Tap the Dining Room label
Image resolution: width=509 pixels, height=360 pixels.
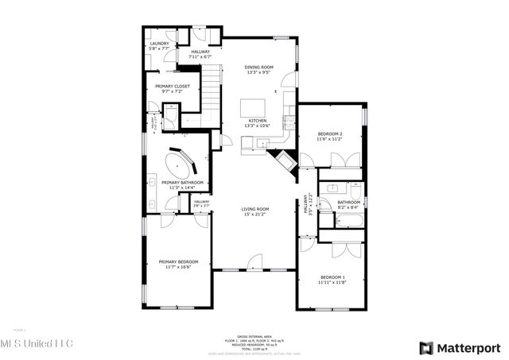tap(258, 68)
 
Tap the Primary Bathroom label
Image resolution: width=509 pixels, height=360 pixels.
tap(183, 183)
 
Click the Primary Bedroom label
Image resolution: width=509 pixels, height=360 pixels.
tap(178, 261)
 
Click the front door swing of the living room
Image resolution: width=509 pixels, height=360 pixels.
tap(254, 261)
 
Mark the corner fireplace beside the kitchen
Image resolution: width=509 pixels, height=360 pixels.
tap(282, 161)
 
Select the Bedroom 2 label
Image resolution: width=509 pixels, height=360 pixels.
tap(330, 134)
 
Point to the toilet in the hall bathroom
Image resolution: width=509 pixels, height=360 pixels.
tap(356, 191)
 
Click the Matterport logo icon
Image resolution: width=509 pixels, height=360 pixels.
tap(427, 347)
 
